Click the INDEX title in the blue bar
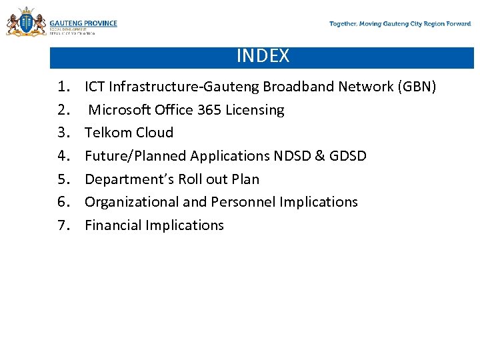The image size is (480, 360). tap(263, 56)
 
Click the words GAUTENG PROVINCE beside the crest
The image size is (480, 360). tap(83, 23)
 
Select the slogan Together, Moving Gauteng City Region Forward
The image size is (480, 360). tap(400, 24)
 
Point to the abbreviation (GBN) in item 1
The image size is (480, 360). tap(416, 87)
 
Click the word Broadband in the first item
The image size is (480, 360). tap(298, 87)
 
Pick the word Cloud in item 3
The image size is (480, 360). tap(154, 133)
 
